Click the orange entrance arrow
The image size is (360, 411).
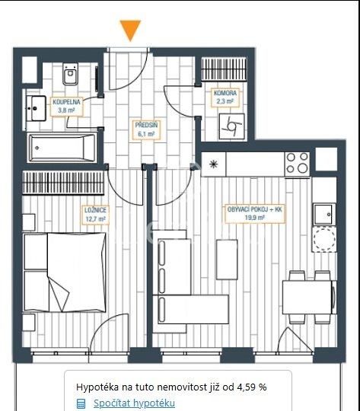point(130,30)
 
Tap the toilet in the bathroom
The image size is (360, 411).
point(70,74)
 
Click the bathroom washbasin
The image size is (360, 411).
point(38,108)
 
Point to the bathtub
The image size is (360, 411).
point(62,148)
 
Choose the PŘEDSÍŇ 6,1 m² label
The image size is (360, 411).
point(146,129)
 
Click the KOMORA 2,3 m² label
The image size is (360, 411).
point(225,97)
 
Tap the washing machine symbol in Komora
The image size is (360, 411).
point(232,126)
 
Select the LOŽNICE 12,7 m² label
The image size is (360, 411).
point(95,215)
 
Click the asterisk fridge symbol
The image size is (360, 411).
point(213,164)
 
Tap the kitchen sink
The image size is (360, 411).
point(324,215)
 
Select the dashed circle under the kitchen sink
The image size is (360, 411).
point(324,240)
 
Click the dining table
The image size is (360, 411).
point(307,297)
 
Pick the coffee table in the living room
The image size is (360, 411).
point(227,260)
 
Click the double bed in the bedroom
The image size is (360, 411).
point(65,272)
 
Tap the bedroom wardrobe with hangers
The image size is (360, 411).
point(63,183)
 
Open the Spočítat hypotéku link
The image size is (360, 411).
point(134,403)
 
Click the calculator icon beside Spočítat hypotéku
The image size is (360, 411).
point(81,403)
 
